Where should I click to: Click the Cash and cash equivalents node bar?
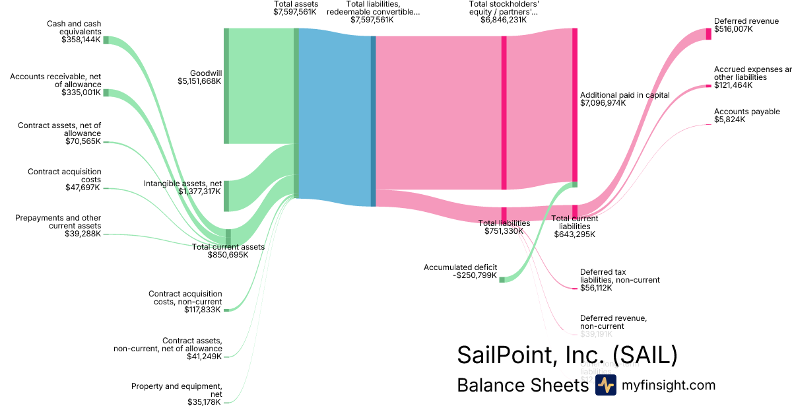pyautogui.click(x=106, y=40)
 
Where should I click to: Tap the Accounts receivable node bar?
pyautogui.click(x=106, y=93)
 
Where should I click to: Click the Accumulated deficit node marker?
pyautogui.click(x=502, y=279)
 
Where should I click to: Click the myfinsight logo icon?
pyautogui.click(x=605, y=385)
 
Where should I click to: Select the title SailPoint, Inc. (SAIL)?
pyautogui.click(x=567, y=355)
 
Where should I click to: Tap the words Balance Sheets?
pyautogui.click(x=522, y=385)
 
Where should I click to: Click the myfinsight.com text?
pyautogui.click(x=668, y=385)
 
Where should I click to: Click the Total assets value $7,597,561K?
pyautogui.click(x=295, y=12)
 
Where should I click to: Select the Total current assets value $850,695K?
pyautogui.click(x=228, y=255)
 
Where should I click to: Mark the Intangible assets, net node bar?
pyautogui.click(x=226, y=195)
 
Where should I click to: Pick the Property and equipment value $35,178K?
pyautogui.click(x=205, y=402)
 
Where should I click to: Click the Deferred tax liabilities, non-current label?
pyautogui.click(x=619, y=275)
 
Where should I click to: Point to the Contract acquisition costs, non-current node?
pyautogui.click(x=226, y=310)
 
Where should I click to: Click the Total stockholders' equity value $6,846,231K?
pyautogui.click(x=504, y=20)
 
